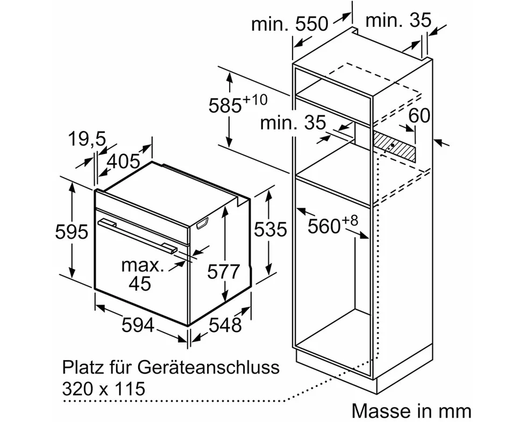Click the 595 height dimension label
(x=72, y=231)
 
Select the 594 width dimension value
(x=139, y=325)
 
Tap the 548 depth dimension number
(x=225, y=325)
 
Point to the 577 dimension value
(x=224, y=272)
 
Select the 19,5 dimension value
(x=87, y=139)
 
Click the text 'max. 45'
(x=142, y=274)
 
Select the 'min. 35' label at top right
(x=398, y=20)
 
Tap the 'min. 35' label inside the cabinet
(x=293, y=123)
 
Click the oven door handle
(x=139, y=235)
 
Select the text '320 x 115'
(x=104, y=388)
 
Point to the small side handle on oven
(x=203, y=224)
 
